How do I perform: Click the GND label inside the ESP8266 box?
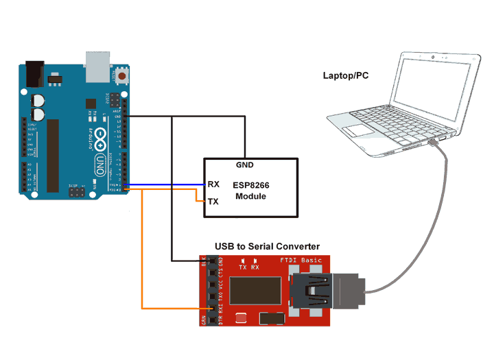click(245, 165)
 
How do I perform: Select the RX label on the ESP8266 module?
click(213, 184)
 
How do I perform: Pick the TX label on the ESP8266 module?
click(213, 202)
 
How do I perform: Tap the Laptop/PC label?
click(346, 75)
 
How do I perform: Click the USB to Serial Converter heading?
click(267, 246)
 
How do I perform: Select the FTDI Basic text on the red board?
click(302, 261)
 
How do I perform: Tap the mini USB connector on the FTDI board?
click(312, 291)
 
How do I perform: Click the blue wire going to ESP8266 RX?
click(165, 184)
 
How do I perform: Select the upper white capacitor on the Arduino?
click(39, 99)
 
